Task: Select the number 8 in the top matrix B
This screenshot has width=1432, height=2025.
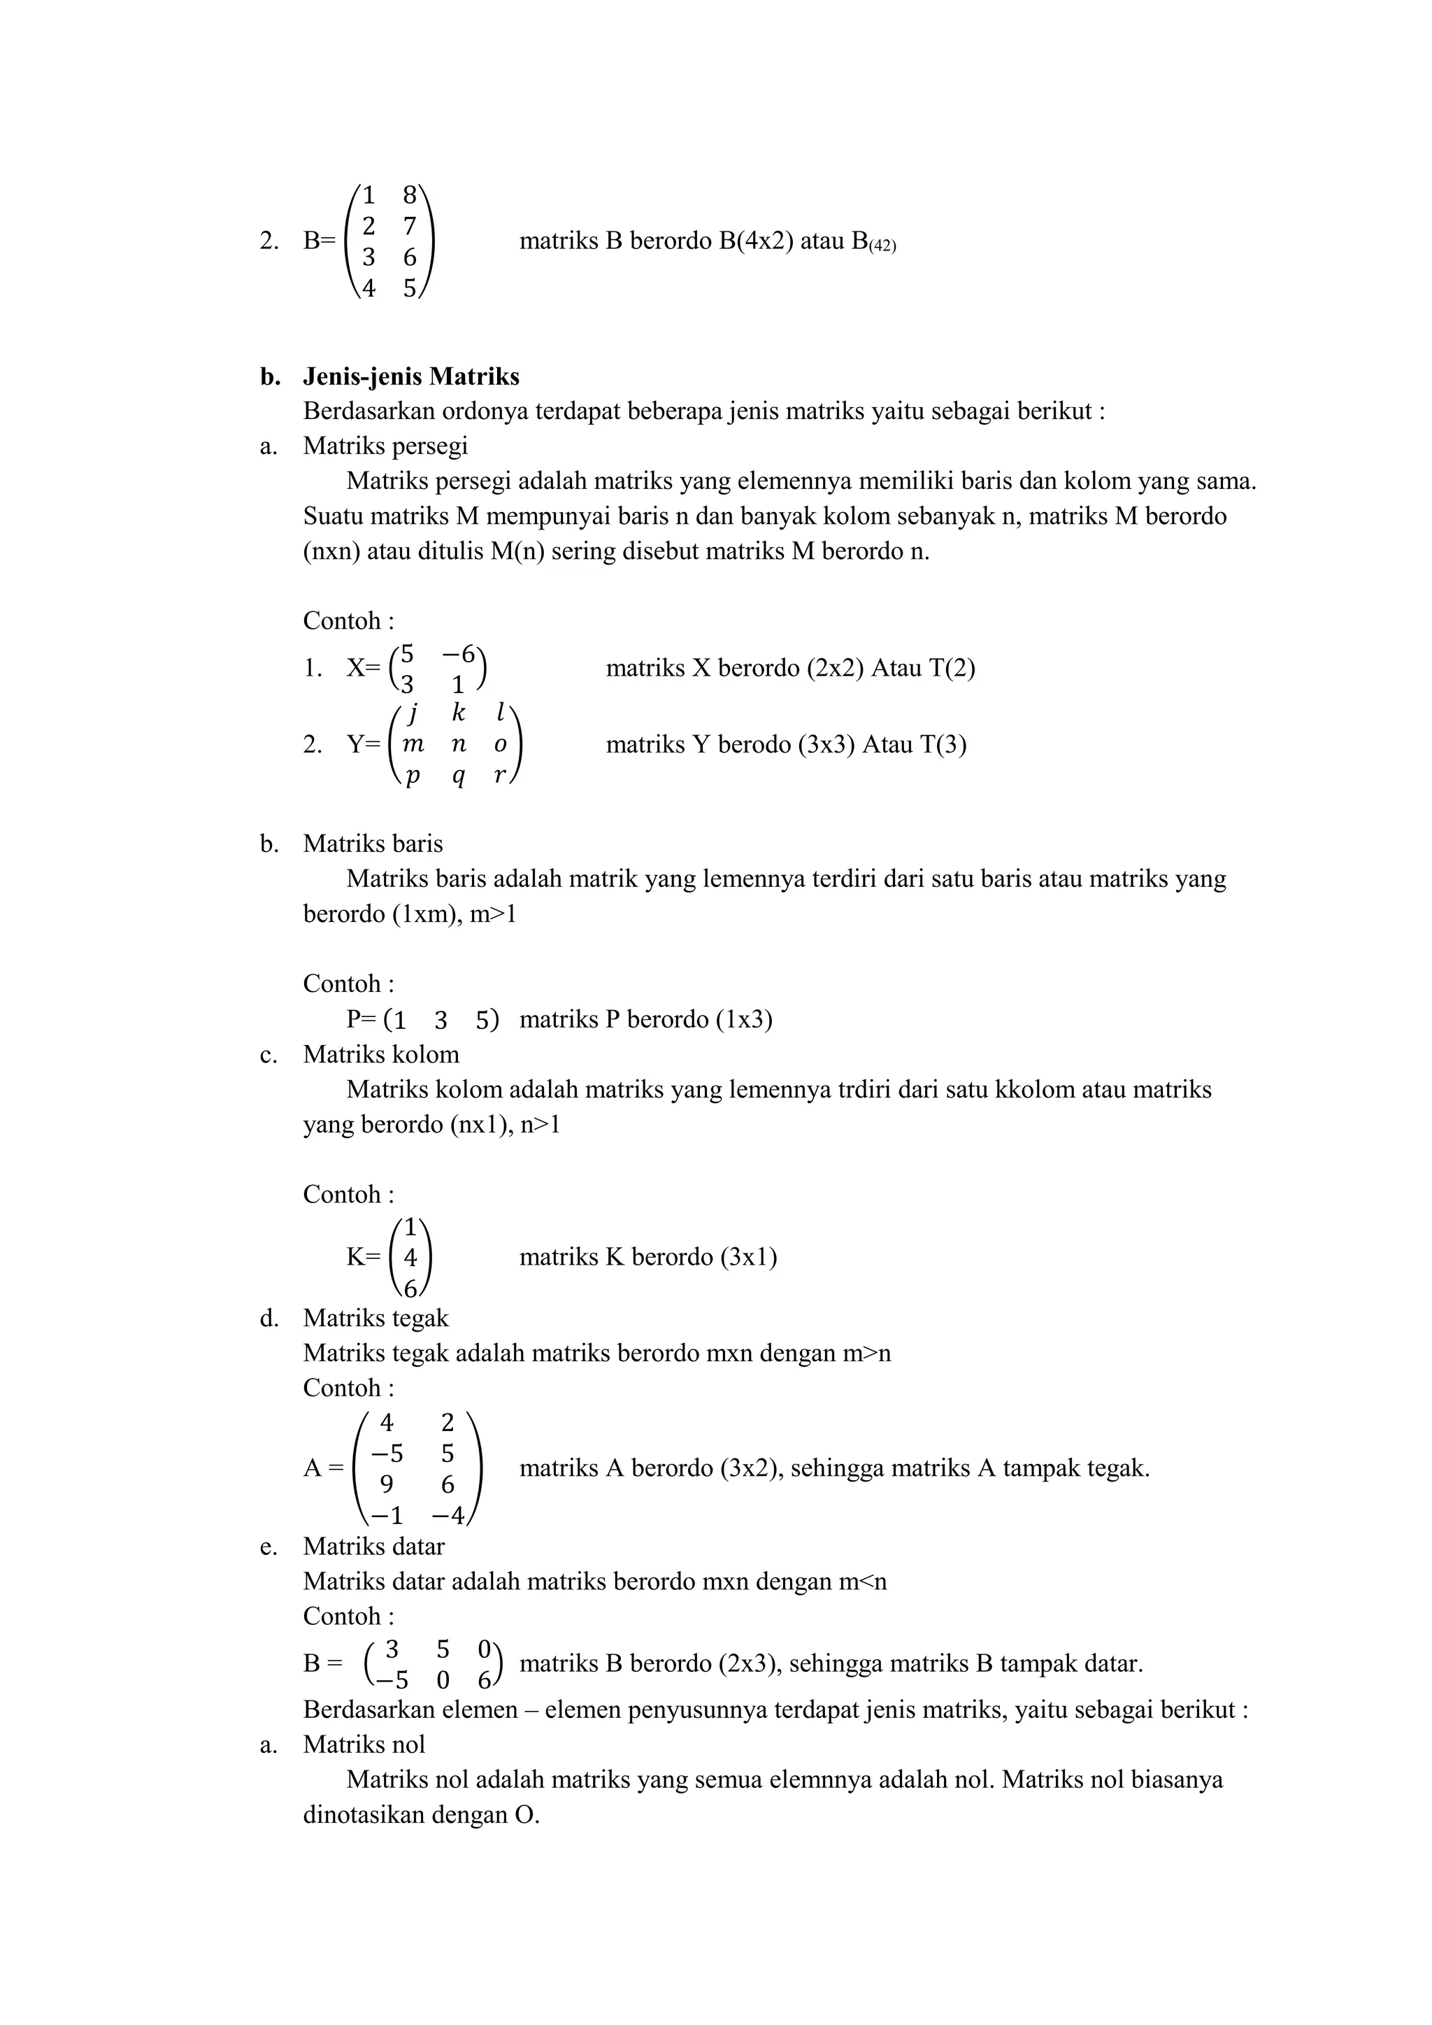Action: (x=409, y=195)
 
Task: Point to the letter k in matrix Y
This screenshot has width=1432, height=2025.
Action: (x=458, y=713)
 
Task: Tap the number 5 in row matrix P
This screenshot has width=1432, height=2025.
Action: (x=482, y=1021)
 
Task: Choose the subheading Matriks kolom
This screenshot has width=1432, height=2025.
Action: (x=381, y=1054)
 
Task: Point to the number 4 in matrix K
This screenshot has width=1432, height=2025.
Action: (x=410, y=1258)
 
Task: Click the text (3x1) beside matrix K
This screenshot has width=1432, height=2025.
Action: (x=749, y=1256)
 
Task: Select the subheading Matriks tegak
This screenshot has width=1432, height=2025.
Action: (x=375, y=1318)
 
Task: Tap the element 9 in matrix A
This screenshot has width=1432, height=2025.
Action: (x=386, y=1484)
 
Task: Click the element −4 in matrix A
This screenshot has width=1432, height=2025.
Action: (x=447, y=1516)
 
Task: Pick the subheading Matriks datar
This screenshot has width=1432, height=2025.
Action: (x=374, y=1546)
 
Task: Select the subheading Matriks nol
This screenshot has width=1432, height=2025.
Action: (x=364, y=1744)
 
